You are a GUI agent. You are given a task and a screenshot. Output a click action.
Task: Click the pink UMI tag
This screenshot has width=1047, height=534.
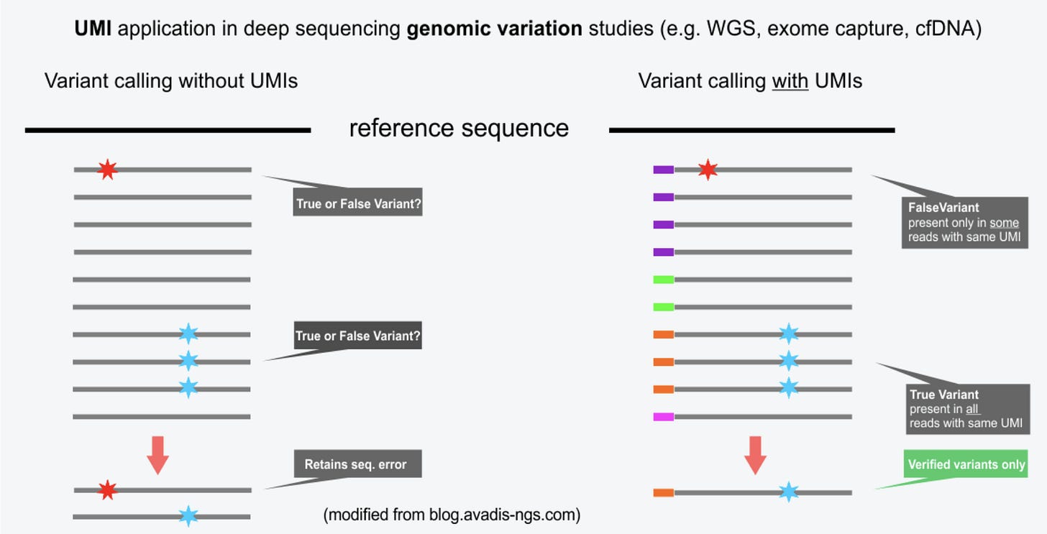click(x=663, y=417)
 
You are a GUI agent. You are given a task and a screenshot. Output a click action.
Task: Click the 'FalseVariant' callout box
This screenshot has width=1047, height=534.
click(x=964, y=222)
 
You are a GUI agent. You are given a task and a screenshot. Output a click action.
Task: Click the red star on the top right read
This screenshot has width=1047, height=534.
click(x=708, y=170)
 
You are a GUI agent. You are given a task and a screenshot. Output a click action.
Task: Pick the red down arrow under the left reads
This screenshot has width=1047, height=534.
click(x=157, y=454)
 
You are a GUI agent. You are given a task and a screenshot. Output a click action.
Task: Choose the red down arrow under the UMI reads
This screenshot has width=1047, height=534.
click(x=755, y=454)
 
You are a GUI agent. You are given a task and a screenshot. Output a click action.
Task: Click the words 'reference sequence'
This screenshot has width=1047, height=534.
click(x=459, y=128)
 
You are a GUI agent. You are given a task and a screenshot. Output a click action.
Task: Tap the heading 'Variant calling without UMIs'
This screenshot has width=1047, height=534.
click(x=171, y=80)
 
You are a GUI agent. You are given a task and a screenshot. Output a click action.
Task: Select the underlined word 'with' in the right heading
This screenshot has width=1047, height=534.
click(x=790, y=80)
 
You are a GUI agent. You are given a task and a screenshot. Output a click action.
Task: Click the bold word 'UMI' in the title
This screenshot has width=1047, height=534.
click(x=93, y=29)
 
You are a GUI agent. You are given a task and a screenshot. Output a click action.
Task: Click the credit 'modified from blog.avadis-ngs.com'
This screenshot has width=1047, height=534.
click(x=452, y=515)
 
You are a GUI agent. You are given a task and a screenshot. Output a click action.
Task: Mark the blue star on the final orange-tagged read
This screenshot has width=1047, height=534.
click(x=789, y=492)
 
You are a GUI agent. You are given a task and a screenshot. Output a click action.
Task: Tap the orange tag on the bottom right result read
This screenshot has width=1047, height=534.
click(x=663, y=493)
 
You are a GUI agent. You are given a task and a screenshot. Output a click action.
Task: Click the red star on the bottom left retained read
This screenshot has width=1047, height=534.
click(x=107, y=490)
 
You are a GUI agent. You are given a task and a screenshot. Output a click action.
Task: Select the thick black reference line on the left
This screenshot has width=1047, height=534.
click(x=168, y=130)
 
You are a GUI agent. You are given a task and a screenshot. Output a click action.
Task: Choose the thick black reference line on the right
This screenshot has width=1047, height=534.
click(x=751, y=130)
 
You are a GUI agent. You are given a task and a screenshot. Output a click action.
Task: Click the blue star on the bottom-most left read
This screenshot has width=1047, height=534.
click(x=188, y=516)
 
